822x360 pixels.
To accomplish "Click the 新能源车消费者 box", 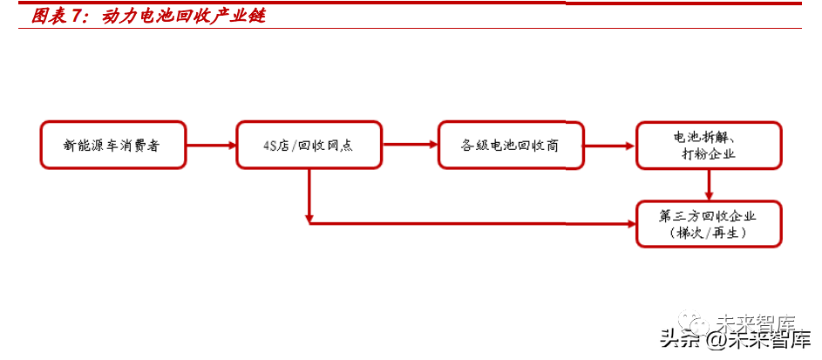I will tap(112, 145).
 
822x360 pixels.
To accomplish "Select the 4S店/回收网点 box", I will tap(309, 145).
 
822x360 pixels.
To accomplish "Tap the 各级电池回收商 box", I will tap(510, 145).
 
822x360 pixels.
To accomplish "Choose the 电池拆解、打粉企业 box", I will tap(709, 145).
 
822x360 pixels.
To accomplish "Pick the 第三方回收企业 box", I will tap(709, 224).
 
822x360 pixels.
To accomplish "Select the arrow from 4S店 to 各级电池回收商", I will tap(410, 145).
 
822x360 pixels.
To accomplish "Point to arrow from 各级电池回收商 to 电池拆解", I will tap(610, 145).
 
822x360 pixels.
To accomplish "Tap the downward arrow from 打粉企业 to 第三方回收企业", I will tap(710, 184).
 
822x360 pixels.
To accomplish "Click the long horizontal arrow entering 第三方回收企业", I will tap(471, 223).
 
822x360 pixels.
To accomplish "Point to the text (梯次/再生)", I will tap(709, 234).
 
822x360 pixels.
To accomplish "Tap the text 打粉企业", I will tap(709, 154).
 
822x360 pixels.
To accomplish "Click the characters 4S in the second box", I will tap(270, 146).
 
